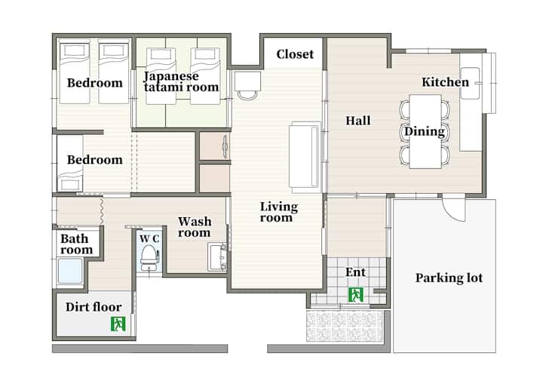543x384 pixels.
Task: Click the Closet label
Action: [x=295, y=54]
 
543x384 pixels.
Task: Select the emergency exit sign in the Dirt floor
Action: [x=118, y=324]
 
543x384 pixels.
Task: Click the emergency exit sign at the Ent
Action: [x=356, y=295]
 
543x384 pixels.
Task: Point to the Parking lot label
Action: [x=449, y=278]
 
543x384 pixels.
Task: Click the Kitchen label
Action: [x=445, y=82]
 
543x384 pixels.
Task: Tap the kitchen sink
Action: [x=471, y=83]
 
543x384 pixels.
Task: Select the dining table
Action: [x=425, y=132]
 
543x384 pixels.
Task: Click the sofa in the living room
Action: [x=305, y=157]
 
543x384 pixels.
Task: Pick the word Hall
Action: [x=358, y=121]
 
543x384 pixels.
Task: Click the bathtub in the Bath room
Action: [x=70, y=272]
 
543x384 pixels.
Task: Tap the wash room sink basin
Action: [x=217, y=257]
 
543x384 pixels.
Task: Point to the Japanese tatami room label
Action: [x=181, y=81]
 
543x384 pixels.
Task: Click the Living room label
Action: [x=279, y=212]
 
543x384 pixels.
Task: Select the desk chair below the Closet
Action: [x=247, y=95]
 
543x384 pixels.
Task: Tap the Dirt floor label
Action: [x=94, y=307]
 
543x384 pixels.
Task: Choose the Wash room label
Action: [x=195, y=227]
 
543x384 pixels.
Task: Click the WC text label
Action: [x=149, y=239]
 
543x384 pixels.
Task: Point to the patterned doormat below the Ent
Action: [x=345, y=326]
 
